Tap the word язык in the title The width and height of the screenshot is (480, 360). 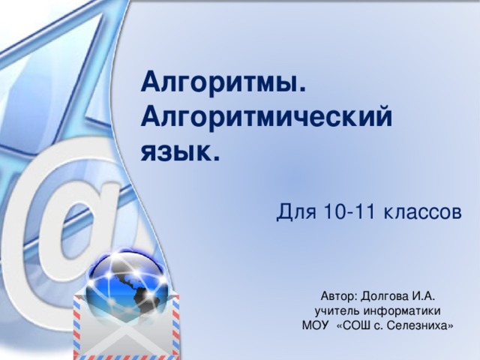coord(175,154)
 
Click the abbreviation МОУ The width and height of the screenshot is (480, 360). coord(314,325)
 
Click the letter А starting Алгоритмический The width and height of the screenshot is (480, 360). coord(149,118)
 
